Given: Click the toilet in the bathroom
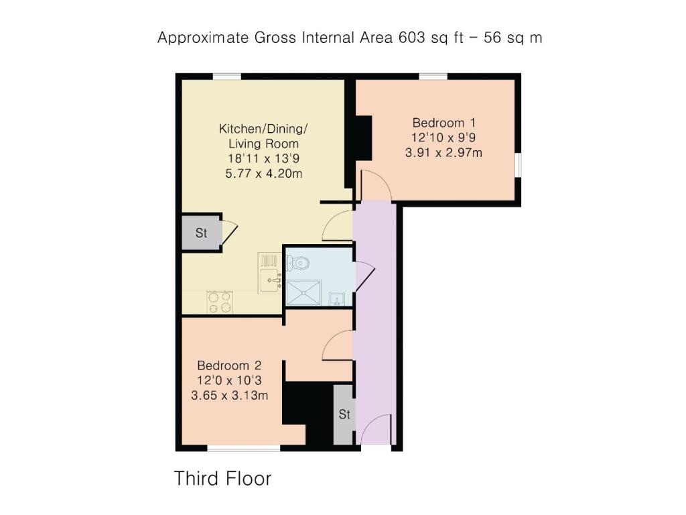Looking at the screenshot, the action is (x=298, y=263).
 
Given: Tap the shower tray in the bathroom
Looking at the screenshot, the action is (x=303, y=292).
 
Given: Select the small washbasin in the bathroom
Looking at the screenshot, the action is (x=336, y=299).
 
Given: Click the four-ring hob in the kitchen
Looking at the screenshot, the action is (x=220, y=302).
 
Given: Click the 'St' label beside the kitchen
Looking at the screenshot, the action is (x=201, y=233).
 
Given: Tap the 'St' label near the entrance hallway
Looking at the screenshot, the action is (x=344, y=414).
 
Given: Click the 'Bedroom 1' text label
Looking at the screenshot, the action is (x=443, y=123).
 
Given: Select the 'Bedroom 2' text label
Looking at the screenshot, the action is (x=229, y=365).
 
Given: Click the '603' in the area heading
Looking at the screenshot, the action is (x=411, y=38).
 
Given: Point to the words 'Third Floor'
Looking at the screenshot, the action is (x=222, y=478).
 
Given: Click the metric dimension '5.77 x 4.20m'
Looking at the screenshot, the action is (x=263, y=174).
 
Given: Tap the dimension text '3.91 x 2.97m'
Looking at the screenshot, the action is (x=443, y=152).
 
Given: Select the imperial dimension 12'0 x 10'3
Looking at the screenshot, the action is (x=229, y=380).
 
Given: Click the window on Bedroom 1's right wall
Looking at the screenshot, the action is (x=518, y=165).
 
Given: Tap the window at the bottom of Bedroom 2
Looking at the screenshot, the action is (x=243, y=448).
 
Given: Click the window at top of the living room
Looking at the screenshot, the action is (x=227, y=76).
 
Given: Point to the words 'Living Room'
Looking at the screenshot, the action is (x=263, y=144).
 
